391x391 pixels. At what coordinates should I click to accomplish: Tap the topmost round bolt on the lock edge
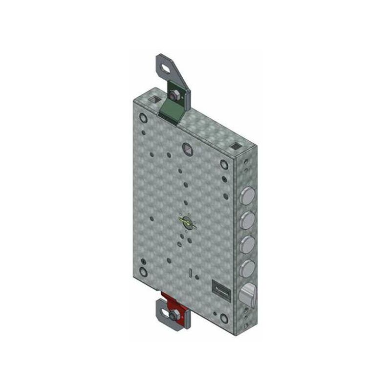click(248, 196)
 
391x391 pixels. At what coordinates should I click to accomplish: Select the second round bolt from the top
click(248, 218)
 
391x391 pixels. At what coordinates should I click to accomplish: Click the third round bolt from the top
click(248, 243)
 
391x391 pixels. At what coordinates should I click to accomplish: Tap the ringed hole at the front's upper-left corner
click(143, 118)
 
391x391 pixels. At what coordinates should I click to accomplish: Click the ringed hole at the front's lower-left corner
click(143, 272)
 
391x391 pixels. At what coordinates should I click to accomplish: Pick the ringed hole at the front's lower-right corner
click(224, 318)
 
